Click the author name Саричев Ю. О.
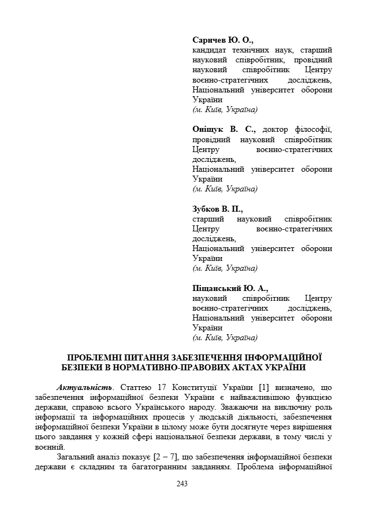(x=223, y=40)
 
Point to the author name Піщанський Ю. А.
(x=231, y=288)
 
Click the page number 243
(x=182, y=484)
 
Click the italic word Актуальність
(x=82, y=387)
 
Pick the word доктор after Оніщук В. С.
(x=277, y=130)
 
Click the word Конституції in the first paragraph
(x=184, y=387)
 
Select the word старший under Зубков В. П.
(x=208, y=219)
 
